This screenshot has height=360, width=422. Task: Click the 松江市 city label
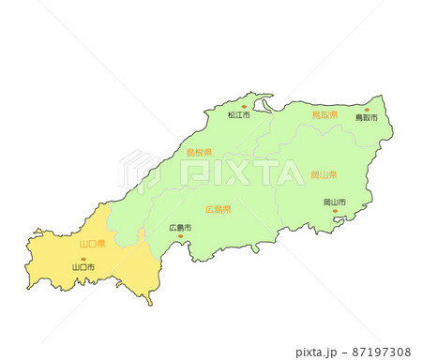tap(239, 115)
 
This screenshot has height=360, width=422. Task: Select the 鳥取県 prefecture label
tap(324, 114)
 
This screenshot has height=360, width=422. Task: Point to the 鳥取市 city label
tap(366, 119)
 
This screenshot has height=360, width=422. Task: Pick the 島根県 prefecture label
tap(198, 152)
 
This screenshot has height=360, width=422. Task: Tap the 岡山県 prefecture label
tap(324, 175)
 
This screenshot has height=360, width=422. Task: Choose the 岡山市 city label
tap(335, 202)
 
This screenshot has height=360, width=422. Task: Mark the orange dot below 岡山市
tap(335, 211)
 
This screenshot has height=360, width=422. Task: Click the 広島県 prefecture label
tap(219, 209)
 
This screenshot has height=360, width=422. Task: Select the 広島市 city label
tap(180, 228)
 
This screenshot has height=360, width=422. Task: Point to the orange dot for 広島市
tap(180, 236)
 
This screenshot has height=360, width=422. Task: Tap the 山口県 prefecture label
tap(92, 244)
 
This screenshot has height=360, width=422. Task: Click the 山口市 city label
tap(83, 268)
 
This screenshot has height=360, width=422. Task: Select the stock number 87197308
tap(381, 352)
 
